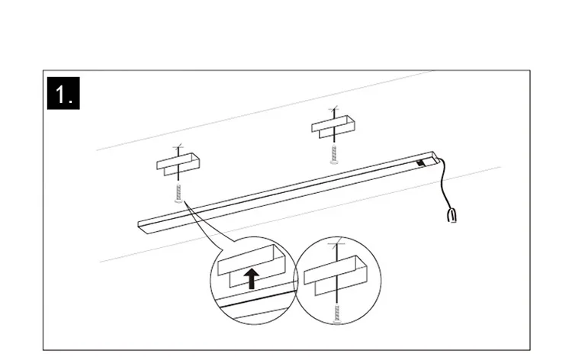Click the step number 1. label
63,95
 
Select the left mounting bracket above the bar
177,163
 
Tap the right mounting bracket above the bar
333,124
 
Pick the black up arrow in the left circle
252,278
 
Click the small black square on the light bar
420,162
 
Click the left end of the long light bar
141,223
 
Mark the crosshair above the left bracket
178,147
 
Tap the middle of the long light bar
286,191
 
